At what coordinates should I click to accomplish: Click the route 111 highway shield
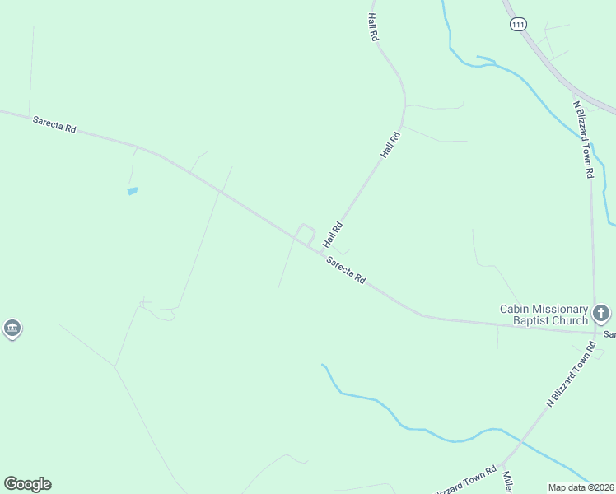(517, 26)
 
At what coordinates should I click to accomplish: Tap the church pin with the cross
(601, 313)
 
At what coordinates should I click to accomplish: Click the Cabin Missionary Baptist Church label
(544, 314)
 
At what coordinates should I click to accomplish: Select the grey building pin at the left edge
(12, 329)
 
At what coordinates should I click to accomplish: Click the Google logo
(27, 484)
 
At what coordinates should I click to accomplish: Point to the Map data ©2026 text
(581, 487)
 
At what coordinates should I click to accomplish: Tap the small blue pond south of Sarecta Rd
(133, 191)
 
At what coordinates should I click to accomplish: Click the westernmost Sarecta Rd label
(54, 124)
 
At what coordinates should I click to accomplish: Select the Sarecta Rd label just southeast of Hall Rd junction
(346, 270)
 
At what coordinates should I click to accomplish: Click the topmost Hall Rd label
(373, 27)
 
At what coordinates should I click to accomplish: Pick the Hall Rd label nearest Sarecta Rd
(333, 235)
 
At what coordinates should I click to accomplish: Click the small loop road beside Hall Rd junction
(306, 233)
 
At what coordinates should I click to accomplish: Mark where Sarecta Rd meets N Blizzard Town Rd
(595, 333)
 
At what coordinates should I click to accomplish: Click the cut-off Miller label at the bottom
(508, 483)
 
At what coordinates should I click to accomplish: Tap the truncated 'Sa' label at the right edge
(609, 335)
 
